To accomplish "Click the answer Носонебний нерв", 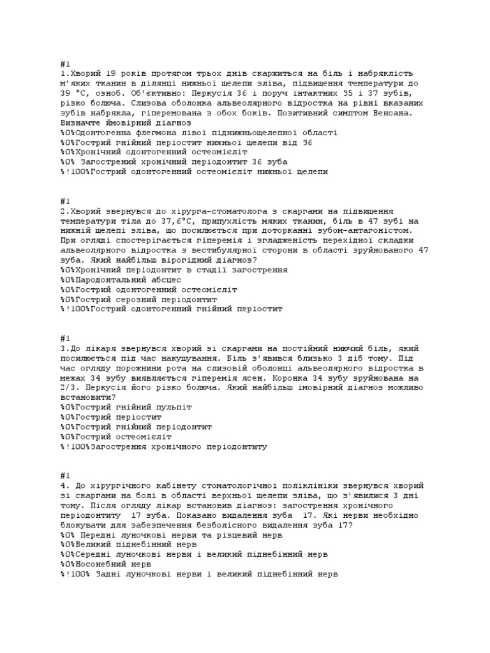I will coord(105,564).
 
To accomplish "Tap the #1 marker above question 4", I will coord(64,476).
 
